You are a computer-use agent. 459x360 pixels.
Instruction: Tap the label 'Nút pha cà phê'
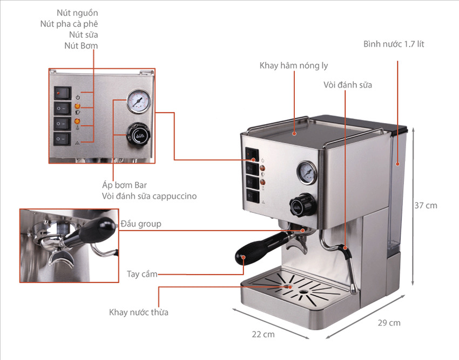coord(69,24)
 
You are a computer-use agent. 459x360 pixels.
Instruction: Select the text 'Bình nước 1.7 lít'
coord(394,44)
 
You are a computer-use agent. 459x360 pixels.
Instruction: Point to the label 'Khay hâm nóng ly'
coord(294,66)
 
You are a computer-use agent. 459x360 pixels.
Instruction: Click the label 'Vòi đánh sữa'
coord(348,85)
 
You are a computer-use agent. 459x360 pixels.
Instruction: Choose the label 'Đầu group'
coord(141,223)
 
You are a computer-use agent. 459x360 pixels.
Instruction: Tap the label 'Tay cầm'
coord(142,274)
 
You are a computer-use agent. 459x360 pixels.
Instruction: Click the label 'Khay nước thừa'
coord(139,313)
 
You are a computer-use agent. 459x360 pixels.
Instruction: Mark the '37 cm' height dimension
coord(426,206)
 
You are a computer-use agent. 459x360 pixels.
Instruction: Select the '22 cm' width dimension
coord(264,335)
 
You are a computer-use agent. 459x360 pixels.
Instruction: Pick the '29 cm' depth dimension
coord(389,323)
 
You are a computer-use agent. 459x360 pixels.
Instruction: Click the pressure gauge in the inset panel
coord(138,101)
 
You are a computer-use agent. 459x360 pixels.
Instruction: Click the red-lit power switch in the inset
coord(63,93)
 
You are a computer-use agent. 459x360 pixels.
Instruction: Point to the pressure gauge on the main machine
coord(306,172)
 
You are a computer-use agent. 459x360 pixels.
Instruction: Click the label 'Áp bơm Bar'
coord(124,185)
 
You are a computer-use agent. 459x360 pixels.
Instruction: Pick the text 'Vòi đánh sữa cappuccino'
coord(149,196)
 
